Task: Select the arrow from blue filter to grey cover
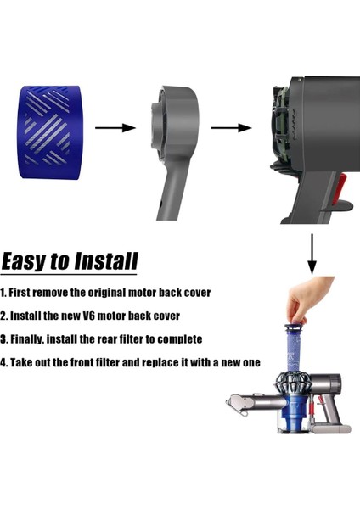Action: coord(115,128)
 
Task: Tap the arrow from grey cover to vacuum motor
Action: coord(231,128)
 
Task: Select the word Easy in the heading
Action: coord(25,260)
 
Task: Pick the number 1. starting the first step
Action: coord(4,293)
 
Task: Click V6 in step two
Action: coord(98,316)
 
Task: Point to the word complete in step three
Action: coord(177,339)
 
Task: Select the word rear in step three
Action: coord(117,339)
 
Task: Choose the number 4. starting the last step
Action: coord(4,363)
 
